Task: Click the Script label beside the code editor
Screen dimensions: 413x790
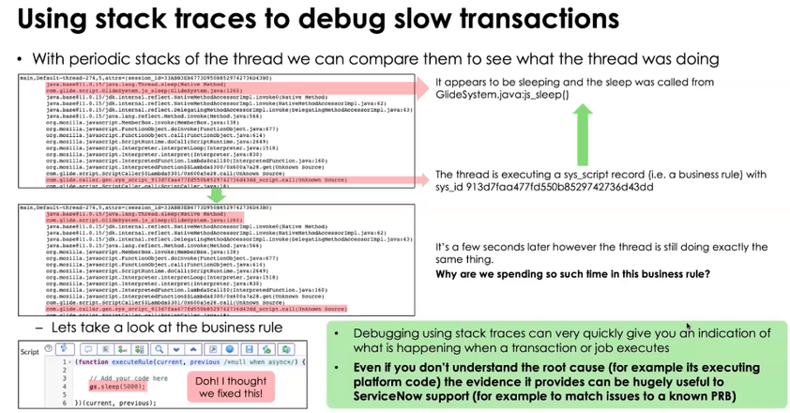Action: click(30, 349)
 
